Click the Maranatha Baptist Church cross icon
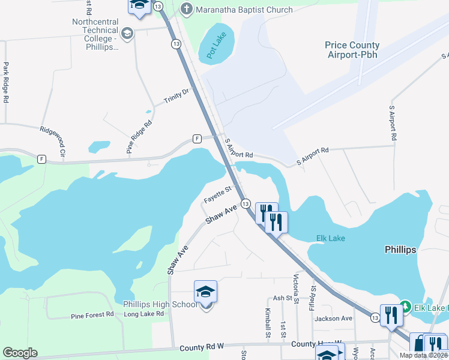pyautogui.click(x=187, y=9)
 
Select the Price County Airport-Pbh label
pyautogui.click(x=352, y=50)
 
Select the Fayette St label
pyautogui.click(x=217, y=194)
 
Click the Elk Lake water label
pyautogui.click(x=330, y=238)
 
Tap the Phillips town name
pyautogui.click(x=400, y=250)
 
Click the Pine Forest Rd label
pyautogui.click(x=92, y=314)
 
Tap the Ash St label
pyautogui.click(x=282, y=298)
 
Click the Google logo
pyautogui.click(x=20, y=353)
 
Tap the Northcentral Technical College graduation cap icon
pyautogui.click(x=127, y=34)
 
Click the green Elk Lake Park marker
pyautogui.click(x=405, y=308)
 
